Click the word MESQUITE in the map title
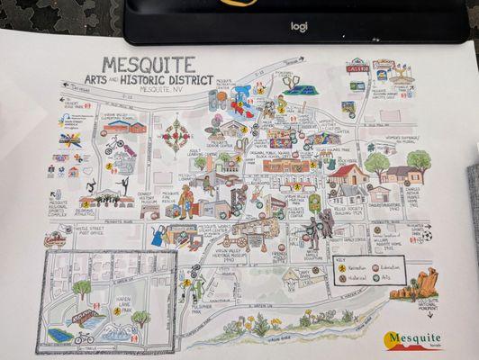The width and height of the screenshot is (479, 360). point(149,65)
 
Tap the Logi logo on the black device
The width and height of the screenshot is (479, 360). point(298,26)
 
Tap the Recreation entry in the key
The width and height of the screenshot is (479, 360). point(354,269)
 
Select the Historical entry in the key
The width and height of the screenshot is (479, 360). point(354,280)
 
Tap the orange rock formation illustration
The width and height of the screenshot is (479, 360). point(425,283)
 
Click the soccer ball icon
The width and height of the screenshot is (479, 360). point(428,236)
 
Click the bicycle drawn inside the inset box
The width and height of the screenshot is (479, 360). point(84,338)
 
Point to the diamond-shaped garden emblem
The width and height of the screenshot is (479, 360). point(176,135)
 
